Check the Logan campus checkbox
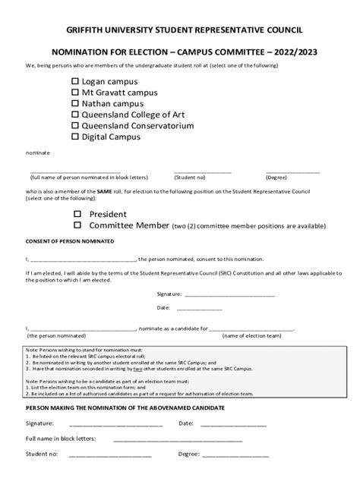pos(74,80)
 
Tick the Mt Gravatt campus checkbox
pos(74,92)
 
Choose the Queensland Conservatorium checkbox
pos(74,126)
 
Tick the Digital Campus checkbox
pos(74,137)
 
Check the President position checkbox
pos(77,214)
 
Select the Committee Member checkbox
pos(77,225)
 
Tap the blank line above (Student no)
pos(202,172)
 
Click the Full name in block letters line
pos(178,439)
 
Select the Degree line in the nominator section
pos(235,454)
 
